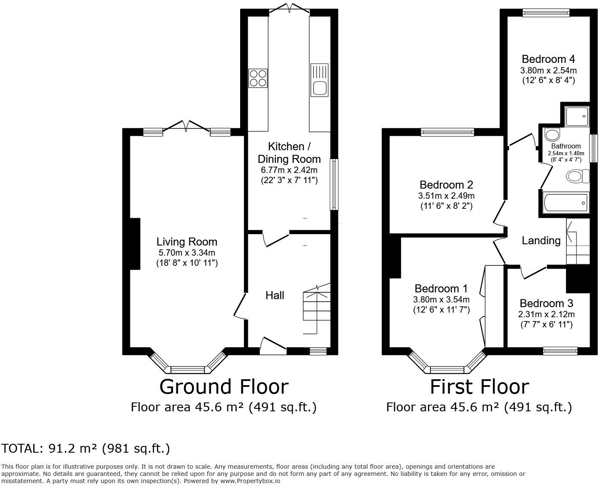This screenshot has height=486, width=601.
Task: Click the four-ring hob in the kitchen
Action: pyautogui.click(x=258, y=78)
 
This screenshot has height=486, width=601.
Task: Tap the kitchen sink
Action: pyautogui.click(x=319, y=80)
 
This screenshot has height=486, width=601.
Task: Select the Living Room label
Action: pyautogui.click(x=187, y=242)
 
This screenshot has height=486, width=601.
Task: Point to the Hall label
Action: pyautogui.click(x=274, y=295)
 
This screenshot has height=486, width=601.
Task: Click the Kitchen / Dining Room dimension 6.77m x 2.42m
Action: pyautogui.click(x=289, y=170)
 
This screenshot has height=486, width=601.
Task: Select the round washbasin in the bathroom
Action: pyautogui.click(x=552, y=135)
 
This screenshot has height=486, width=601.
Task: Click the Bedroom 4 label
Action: pyautogui.click(x=548, y=59)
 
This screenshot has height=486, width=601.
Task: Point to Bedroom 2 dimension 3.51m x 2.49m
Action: pyautogui.click(x=446, y=195)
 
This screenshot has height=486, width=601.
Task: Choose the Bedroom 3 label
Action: pyautogui.click(x=546, y=303)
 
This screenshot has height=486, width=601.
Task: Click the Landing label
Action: pyautogui.click(x=541, y=240)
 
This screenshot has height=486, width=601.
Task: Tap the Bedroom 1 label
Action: pyautogui.click(x=441, y=289)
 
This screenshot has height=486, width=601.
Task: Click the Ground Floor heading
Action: pyautogui.click(x=224, y=387)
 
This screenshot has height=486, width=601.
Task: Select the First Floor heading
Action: pyautogui.click(x=479, y=387)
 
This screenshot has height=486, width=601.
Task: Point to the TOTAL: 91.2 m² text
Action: pyautogui.click(x=50, y=448)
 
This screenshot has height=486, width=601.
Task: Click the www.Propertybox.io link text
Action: pyautogui.click(x=250, y=481)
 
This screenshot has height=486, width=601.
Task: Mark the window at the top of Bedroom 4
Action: pyautogui.click(x=546, y=13)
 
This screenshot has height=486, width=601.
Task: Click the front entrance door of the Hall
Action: pyautogui.click(x=273, y=345)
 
